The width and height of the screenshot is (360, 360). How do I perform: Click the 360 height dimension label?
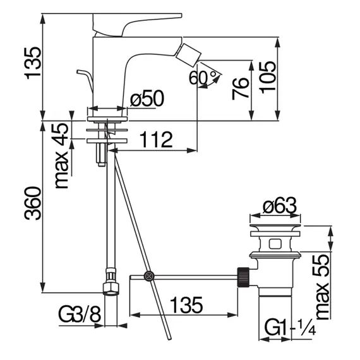(33, 203)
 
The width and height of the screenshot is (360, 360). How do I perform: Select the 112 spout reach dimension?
(156, 140)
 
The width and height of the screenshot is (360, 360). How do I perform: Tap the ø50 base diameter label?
(147, 99)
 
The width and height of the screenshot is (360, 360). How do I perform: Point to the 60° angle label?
(203, 77)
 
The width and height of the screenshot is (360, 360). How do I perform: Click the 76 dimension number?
(241, 88)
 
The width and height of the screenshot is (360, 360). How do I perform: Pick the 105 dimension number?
(268, 78)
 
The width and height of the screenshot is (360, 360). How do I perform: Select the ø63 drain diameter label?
(280, 205)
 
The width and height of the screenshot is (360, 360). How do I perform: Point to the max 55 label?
(322, 287)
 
